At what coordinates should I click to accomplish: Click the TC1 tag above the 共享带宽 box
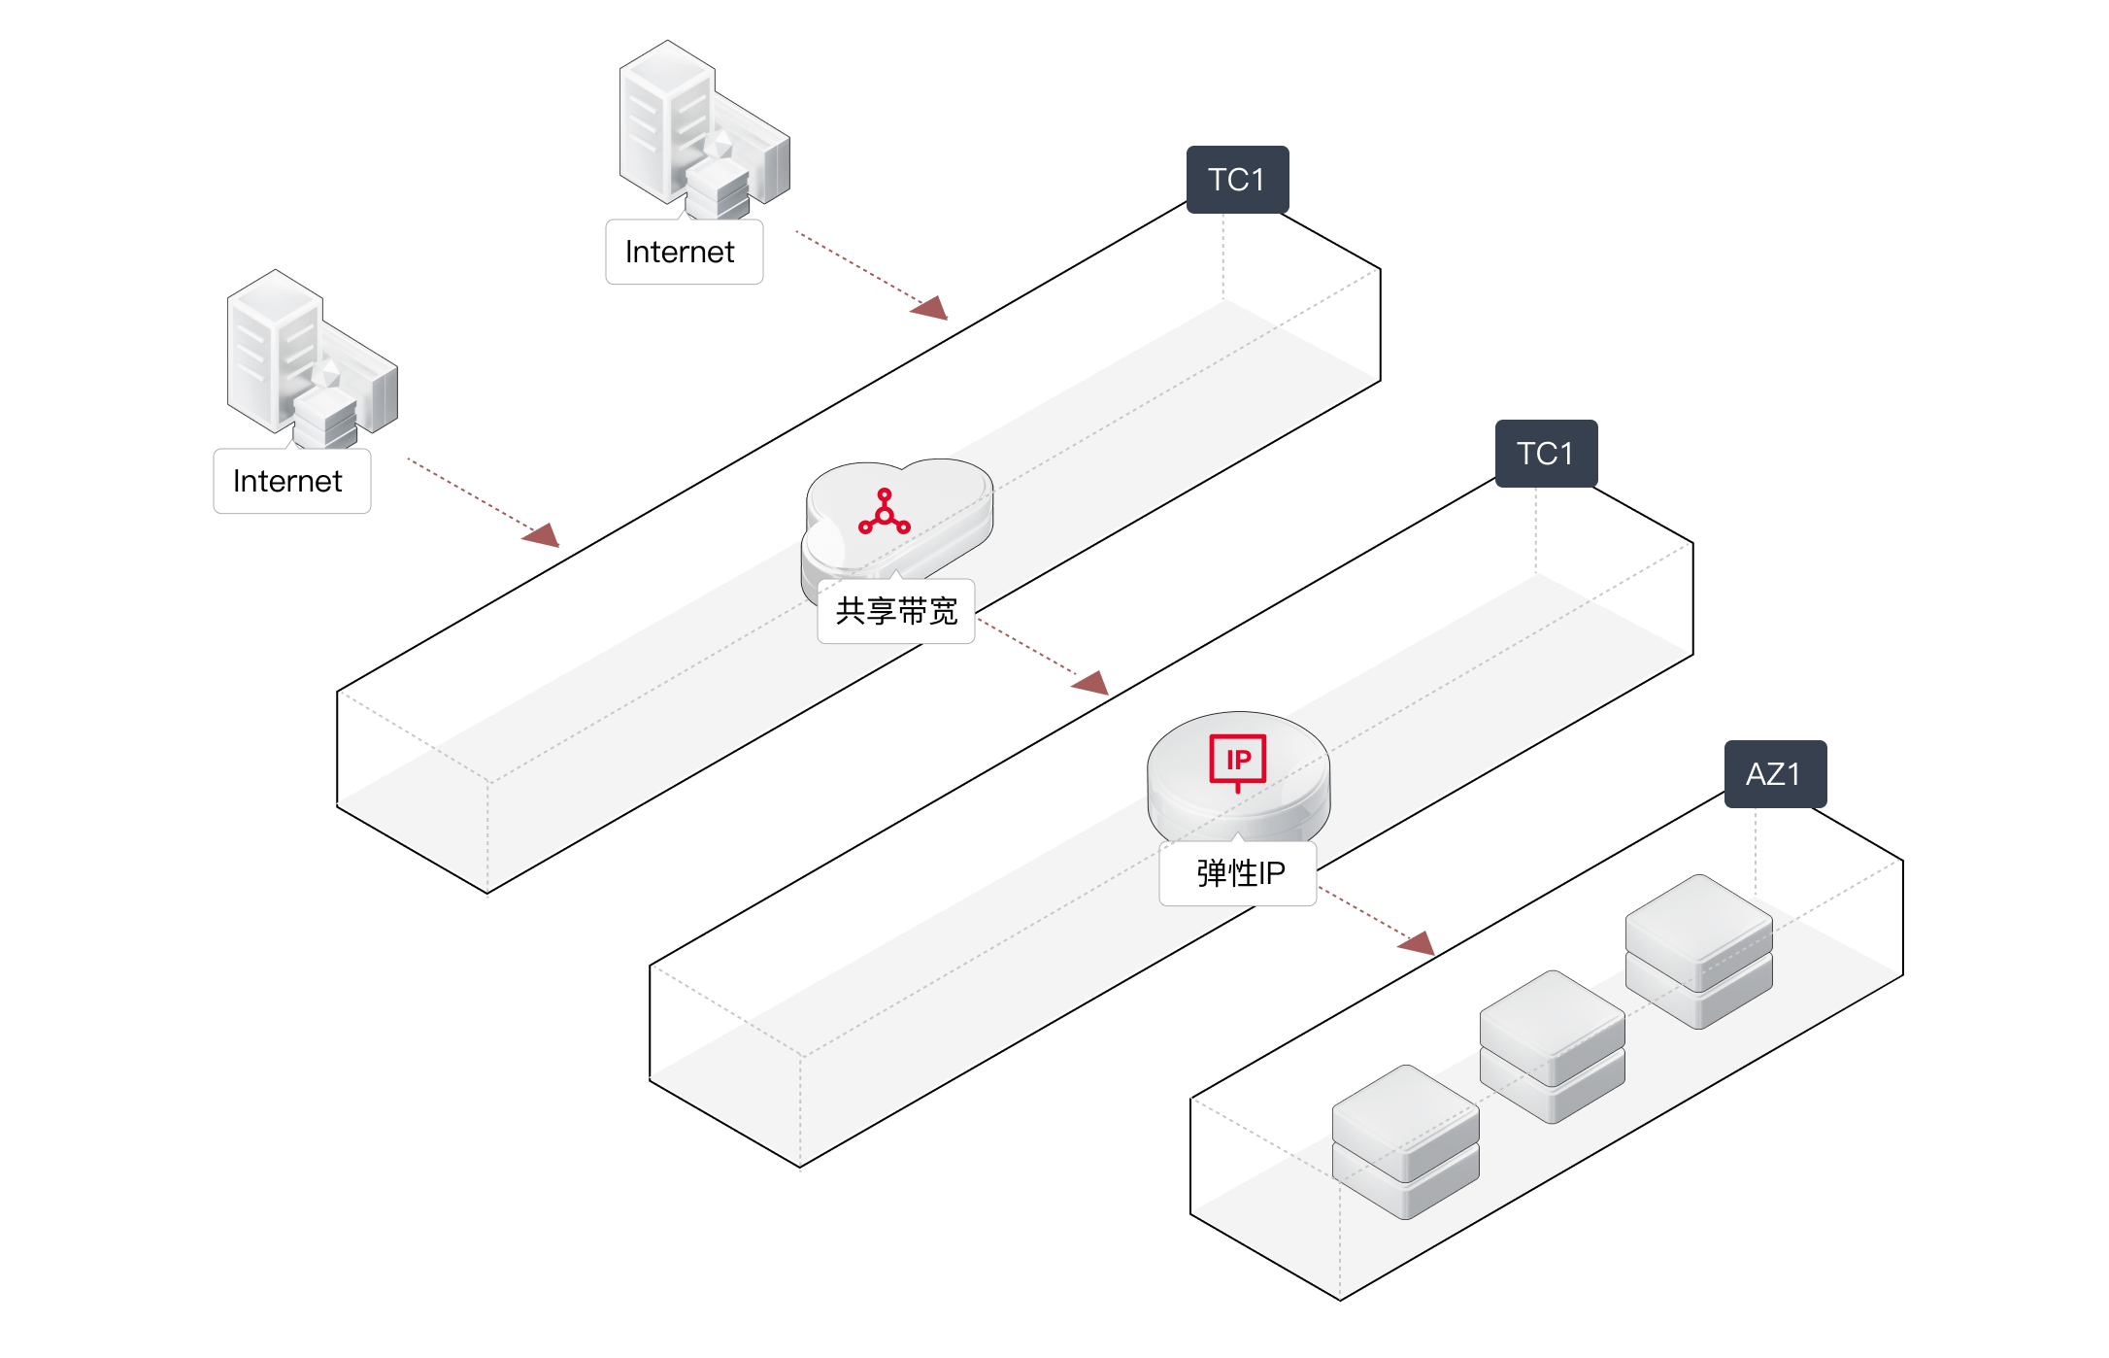1237,180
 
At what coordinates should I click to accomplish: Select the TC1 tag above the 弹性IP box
1546,454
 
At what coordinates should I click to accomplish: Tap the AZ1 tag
1775,774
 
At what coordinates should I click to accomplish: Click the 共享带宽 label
896,611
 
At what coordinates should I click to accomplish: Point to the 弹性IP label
1239,873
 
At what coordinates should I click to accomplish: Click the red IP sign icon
1238,761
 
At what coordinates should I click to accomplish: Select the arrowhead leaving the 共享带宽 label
1092,683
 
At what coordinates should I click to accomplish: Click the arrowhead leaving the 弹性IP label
1419,942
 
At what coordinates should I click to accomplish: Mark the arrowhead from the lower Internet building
543,535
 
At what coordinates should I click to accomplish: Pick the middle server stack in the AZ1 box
1552,1046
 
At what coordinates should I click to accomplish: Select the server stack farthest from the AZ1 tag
1405,1141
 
